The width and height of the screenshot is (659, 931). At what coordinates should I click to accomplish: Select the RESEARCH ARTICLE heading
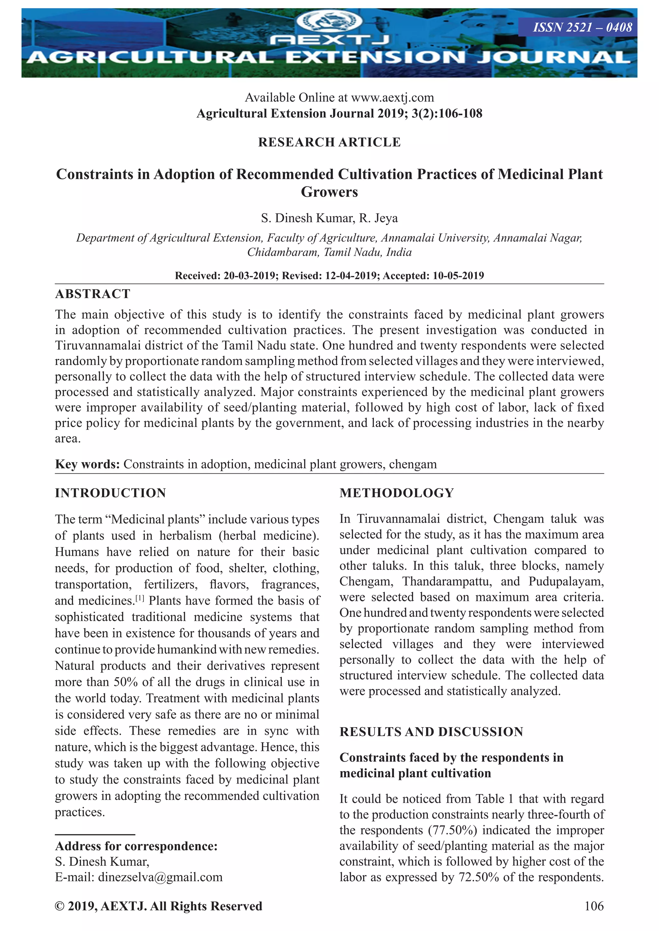(329, 142)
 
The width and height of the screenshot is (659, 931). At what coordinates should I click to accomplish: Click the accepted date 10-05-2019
(458, 276)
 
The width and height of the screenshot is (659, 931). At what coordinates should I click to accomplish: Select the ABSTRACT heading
(93, 294)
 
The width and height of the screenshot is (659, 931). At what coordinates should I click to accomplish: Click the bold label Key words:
(87, 464)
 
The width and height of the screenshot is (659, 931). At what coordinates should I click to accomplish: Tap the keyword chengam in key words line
(413, 464)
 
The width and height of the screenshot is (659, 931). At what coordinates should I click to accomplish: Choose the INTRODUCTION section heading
(110, 493)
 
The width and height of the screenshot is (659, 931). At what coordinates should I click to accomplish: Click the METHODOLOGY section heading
(396, 493)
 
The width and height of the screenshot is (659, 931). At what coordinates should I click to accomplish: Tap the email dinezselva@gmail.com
(160, 877)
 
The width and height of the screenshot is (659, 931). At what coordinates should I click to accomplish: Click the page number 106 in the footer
(594, 906)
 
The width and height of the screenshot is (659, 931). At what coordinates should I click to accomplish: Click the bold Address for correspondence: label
(136, 846)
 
